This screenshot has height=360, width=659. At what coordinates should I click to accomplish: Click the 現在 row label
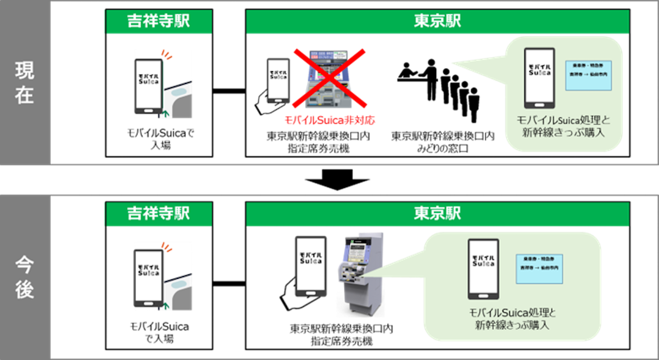(24, 83)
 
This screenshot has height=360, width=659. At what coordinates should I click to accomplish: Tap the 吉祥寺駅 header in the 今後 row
(158, 214)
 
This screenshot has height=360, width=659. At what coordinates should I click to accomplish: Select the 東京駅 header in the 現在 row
(437, 22)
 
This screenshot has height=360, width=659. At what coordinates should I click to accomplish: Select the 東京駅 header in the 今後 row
(437, 214)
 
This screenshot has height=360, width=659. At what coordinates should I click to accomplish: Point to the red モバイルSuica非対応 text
(329, 120)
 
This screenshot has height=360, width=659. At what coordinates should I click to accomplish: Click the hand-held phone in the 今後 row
(310, 266)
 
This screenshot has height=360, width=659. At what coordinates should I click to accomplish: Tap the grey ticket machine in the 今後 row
(360, 277)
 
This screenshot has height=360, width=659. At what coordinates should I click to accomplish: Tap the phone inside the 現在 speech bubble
(539, 78)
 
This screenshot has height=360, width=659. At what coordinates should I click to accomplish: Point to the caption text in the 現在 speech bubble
(564, 127)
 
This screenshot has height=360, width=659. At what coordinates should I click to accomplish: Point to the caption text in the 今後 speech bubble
(512, 319)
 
